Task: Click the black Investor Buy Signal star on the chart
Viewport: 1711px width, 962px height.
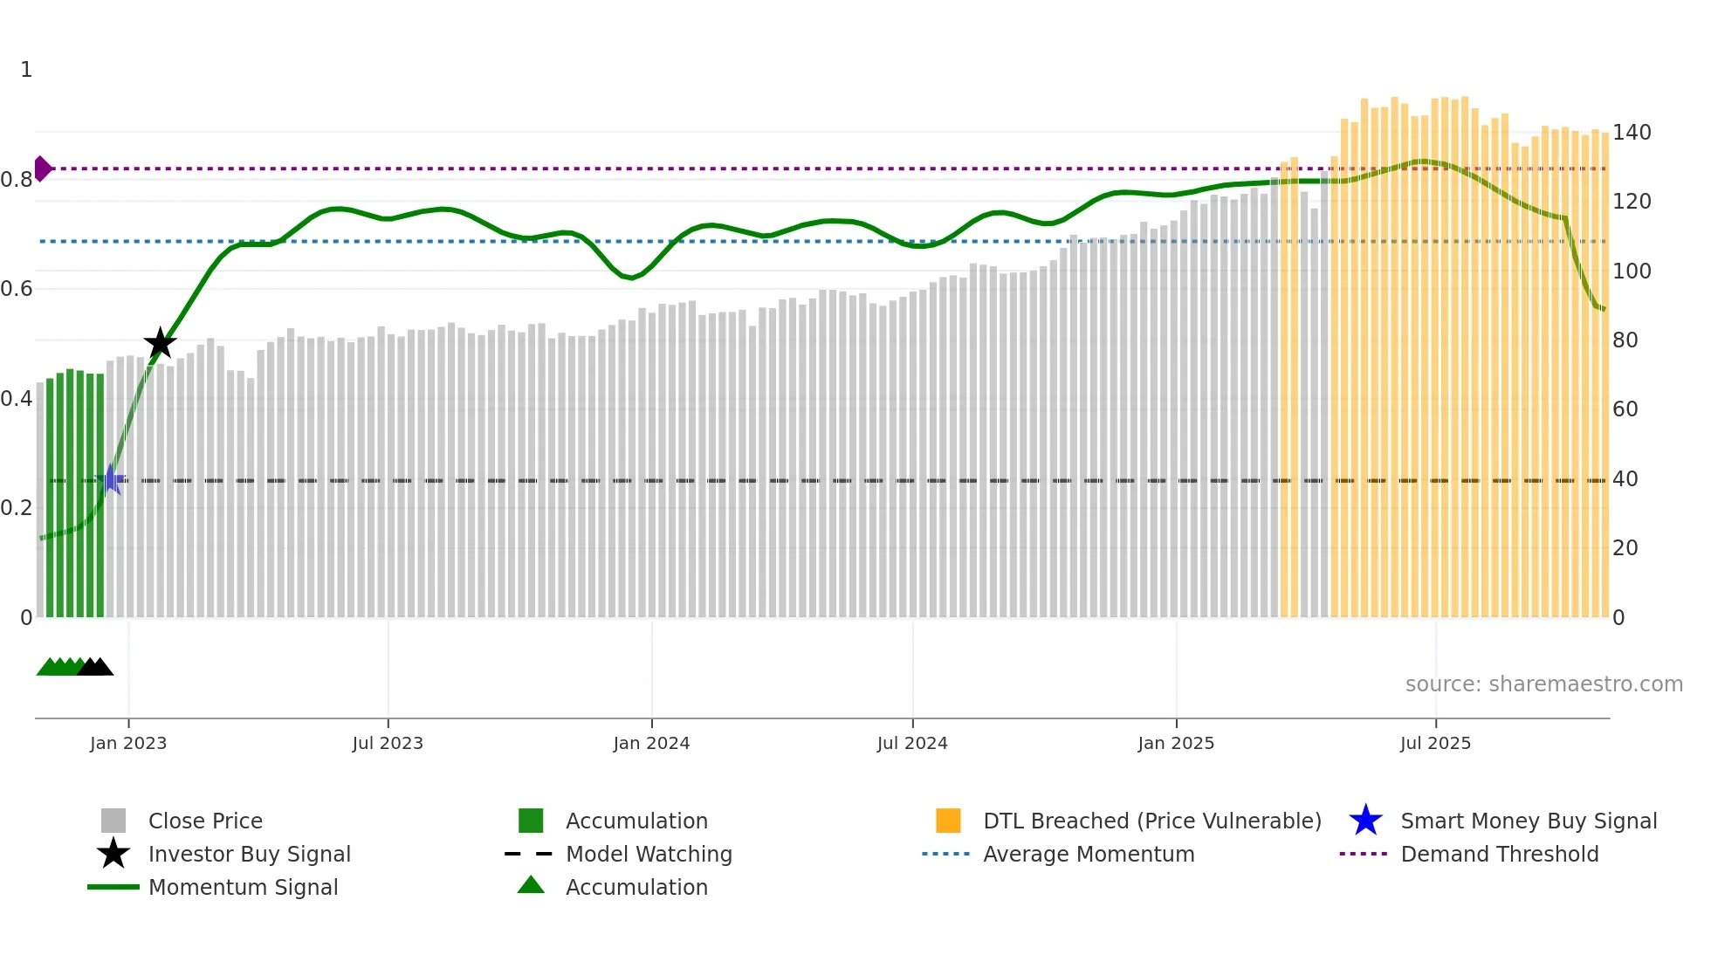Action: (160, 343)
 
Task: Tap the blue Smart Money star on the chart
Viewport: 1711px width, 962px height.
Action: (111, 479)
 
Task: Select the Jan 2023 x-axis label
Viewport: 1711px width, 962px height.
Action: (128, 743)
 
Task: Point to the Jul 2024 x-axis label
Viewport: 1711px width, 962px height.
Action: (912, 743)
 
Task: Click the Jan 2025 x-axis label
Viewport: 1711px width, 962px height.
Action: (1176, 743)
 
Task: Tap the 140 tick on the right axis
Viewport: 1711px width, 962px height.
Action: (1632, 133)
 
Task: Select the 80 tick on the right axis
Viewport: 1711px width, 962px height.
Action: (1625, 340)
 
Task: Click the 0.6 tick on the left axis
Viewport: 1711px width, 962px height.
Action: (17, 289)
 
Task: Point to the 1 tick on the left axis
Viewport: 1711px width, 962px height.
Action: (26, 70)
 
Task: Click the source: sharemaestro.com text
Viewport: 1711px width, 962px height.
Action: (1543, 684)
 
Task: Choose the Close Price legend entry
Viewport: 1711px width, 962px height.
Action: (205, 821)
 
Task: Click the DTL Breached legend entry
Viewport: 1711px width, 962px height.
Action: (1151, 821)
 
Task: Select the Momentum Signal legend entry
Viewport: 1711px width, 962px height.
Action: (243, 887)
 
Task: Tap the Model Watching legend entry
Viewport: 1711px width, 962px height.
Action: (649, 854)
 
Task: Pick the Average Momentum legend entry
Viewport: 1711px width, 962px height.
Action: (1089, 854)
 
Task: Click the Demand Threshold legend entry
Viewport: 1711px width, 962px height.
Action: (1499, 854)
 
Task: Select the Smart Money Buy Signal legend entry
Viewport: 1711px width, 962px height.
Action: (1528, 821)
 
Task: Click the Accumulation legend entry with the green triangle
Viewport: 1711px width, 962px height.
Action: (636, 887)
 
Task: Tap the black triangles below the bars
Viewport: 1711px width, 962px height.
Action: (95, 667)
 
